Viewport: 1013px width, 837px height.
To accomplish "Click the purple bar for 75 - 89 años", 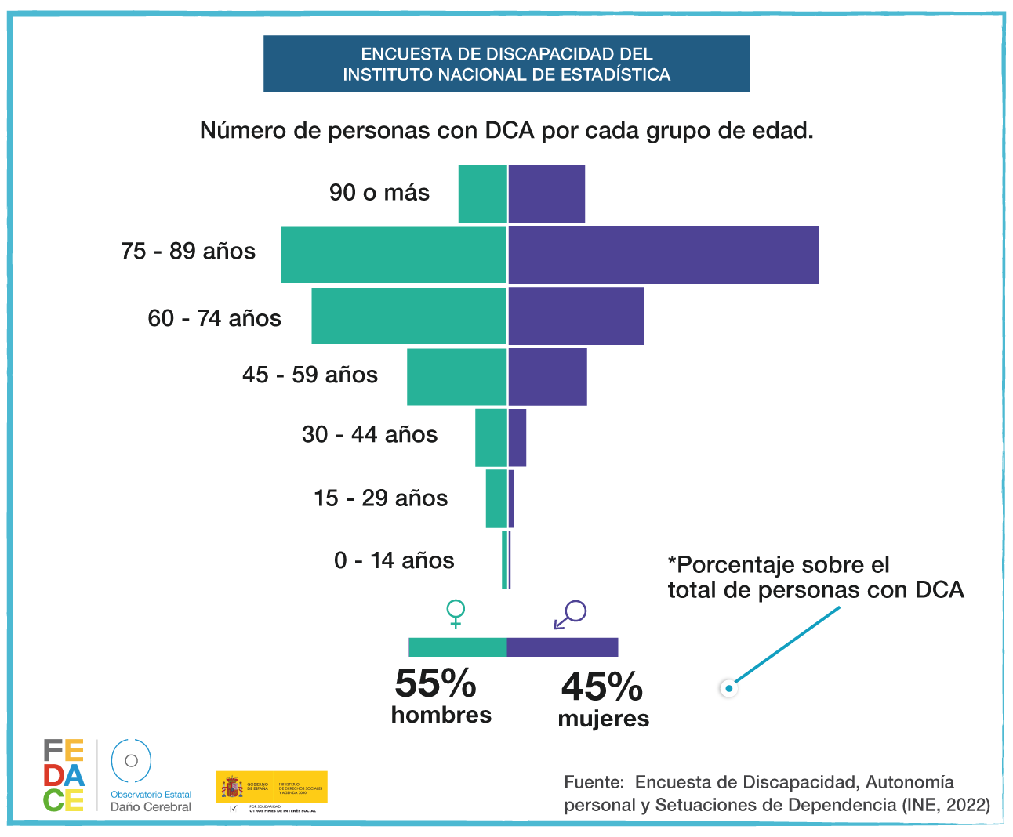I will pyautogui.click(x=663, y=255).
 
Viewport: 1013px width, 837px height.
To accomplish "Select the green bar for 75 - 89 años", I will pyautogui.click(x=394, y=255).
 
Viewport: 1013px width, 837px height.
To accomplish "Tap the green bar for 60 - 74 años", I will pyautogui.click(x=408, y=316).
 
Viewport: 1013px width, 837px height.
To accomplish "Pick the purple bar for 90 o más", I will pyautogui.click(x=546, y=194).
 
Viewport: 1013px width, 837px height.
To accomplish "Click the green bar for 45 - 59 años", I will pyautogui.click(x=456, y=376).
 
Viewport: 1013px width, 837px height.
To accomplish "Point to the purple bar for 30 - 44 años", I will pyautogui.click(x=517, y=437).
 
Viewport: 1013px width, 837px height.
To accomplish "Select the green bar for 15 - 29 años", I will pyautogui.click(x=496, y=498).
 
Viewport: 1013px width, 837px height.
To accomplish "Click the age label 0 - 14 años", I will pyautogui.click(x=394, y=560).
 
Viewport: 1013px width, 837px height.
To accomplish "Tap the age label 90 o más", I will pyautogui.click(x=379, y=193).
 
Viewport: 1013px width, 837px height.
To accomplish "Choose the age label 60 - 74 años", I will pyautogui.click(x=214, y=318).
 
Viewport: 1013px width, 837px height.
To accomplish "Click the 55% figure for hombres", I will pyautogui.click(x=435, y=683).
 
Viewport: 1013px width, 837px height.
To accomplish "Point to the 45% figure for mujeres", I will pyautogui.click(x=601, y=687).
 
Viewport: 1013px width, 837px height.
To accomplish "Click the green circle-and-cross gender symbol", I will pyautogui.click(x=455, y=613).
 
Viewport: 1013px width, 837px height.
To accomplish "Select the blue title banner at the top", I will pyautogui.click(x=506, y=63).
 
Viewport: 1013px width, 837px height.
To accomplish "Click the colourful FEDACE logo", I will pyautogui.click(x=64, y=775).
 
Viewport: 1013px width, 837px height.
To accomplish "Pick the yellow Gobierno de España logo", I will pyautogui.click(x=271, y=787).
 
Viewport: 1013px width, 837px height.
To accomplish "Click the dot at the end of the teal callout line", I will pyautogui.click(x=729, y=688).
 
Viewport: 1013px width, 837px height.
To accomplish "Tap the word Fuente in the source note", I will pyautogui.click(x=594, y=782).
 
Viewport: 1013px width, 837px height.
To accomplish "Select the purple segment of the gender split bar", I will pyautogui.click(x=562, y=647).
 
